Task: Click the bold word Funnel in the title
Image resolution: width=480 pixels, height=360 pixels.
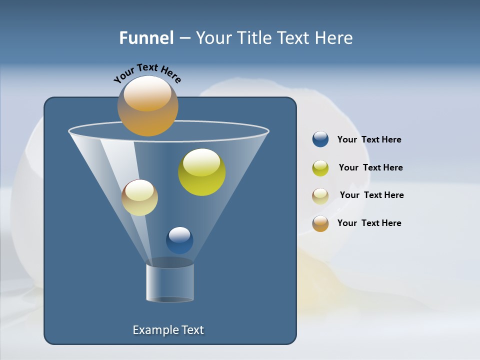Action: click(x=146, y=38)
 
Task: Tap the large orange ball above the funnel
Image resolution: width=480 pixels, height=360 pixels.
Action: click(x=148, y=106)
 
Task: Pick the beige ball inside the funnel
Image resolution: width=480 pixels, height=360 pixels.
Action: click(x=139, y=198)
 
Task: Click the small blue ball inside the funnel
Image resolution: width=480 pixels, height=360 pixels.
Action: click(x=179, y=240)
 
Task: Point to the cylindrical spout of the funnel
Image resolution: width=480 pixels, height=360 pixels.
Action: click(x=170, y=283)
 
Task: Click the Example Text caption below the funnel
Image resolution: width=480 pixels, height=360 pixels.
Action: click(x=168, y=330)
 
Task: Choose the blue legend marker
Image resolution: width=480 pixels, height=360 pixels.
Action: click(x=320, y=139)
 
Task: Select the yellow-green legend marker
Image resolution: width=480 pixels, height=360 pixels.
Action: click(x=320, y=168)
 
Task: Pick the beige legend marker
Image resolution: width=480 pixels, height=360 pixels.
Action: click(x=320, y=195)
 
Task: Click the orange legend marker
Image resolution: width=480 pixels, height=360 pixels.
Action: click(x=320, y=223)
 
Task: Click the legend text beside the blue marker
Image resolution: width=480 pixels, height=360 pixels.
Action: click(x=369, y=140)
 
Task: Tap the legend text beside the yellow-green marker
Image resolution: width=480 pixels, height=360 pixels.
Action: click(x=370, y=168)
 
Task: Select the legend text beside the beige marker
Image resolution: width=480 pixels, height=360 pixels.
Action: click(x=371, y=195)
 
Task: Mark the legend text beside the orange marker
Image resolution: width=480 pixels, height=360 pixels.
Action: click(x=369, y=223)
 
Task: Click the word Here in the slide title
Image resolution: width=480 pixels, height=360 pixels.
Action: click(x=335, y=38)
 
